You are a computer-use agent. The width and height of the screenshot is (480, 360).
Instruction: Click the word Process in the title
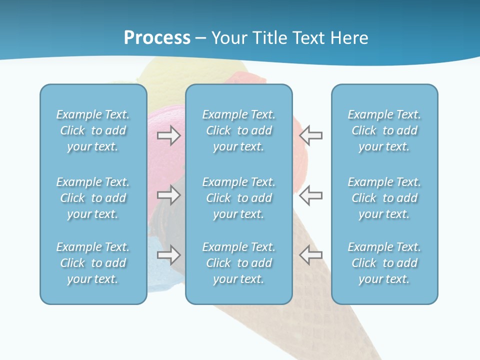[x=157, y=38]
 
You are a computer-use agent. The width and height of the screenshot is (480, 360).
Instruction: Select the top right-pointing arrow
[x=169, y=135]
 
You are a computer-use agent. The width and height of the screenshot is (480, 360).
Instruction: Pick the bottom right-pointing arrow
[x=169, y=255]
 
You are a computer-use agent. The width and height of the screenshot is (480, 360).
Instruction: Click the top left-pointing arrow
[x=311, y=135]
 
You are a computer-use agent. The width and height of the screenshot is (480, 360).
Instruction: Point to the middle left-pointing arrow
[x=311, y=195]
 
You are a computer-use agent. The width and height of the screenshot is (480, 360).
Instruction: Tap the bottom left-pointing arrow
[x=311, y=255]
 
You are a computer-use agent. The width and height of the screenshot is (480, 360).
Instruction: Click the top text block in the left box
[x=93, y=130]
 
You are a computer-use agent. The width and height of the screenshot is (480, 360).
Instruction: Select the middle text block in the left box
[x=93, y=198]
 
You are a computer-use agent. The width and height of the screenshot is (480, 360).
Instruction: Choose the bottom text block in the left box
[x=93, y=263]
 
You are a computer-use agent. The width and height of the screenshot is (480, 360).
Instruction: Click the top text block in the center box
[x=238, y=130]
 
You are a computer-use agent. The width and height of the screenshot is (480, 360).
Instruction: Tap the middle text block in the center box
[x=238, y=198]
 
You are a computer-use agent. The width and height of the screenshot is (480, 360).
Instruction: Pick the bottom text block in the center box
[x=238, y=263]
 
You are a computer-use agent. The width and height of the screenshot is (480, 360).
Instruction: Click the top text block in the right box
[x=384, y=130]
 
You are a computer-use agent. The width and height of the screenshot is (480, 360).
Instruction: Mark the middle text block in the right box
[x=384, y=198]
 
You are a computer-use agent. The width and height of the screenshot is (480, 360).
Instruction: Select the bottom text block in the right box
[x=384, y=263]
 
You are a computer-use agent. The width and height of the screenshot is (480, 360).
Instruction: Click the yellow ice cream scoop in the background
[x=170, y=75]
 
